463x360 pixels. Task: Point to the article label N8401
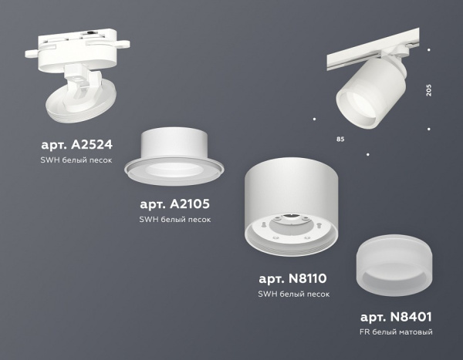click(395, 316)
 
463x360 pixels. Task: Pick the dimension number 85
click(340, 139)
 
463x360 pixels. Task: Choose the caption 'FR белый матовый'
click(395, 332)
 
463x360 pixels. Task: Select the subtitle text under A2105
click(174, 220)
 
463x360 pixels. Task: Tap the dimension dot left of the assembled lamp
click(314, 119)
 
